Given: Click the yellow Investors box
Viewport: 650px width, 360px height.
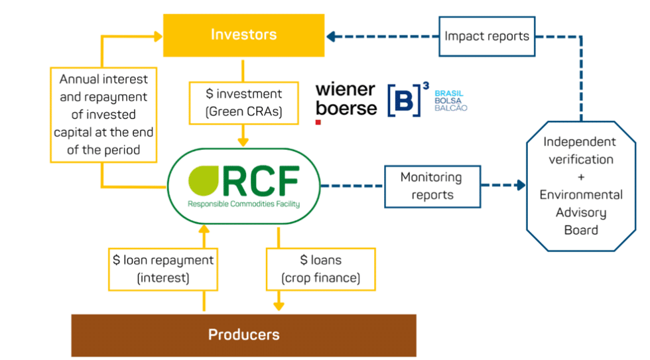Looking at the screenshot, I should [x=243, y=35].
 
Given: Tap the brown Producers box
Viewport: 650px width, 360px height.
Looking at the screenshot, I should [x=243, y=335].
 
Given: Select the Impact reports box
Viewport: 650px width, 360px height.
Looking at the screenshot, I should [x=487, y=36].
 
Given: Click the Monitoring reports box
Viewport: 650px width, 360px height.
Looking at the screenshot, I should [x=432, y=186].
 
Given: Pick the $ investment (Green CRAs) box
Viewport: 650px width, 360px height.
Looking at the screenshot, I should [x=243, y=103].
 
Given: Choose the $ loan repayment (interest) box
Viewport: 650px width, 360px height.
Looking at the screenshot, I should [x=162, y=269].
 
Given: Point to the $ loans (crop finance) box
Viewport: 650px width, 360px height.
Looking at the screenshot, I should [x=320, y=269].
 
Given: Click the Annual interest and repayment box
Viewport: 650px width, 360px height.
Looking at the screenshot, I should [x=103, y=114].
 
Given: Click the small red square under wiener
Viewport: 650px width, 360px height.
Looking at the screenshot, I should [x=318, y=122].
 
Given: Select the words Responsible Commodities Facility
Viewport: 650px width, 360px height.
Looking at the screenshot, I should [x=243, y=204].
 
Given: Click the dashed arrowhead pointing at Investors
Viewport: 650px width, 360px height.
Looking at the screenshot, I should [x=330, y=36].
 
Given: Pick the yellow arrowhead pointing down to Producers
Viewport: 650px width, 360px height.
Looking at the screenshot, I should [x=279, y=306].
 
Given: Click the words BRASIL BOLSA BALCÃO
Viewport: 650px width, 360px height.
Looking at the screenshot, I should [x=451, y=100].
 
